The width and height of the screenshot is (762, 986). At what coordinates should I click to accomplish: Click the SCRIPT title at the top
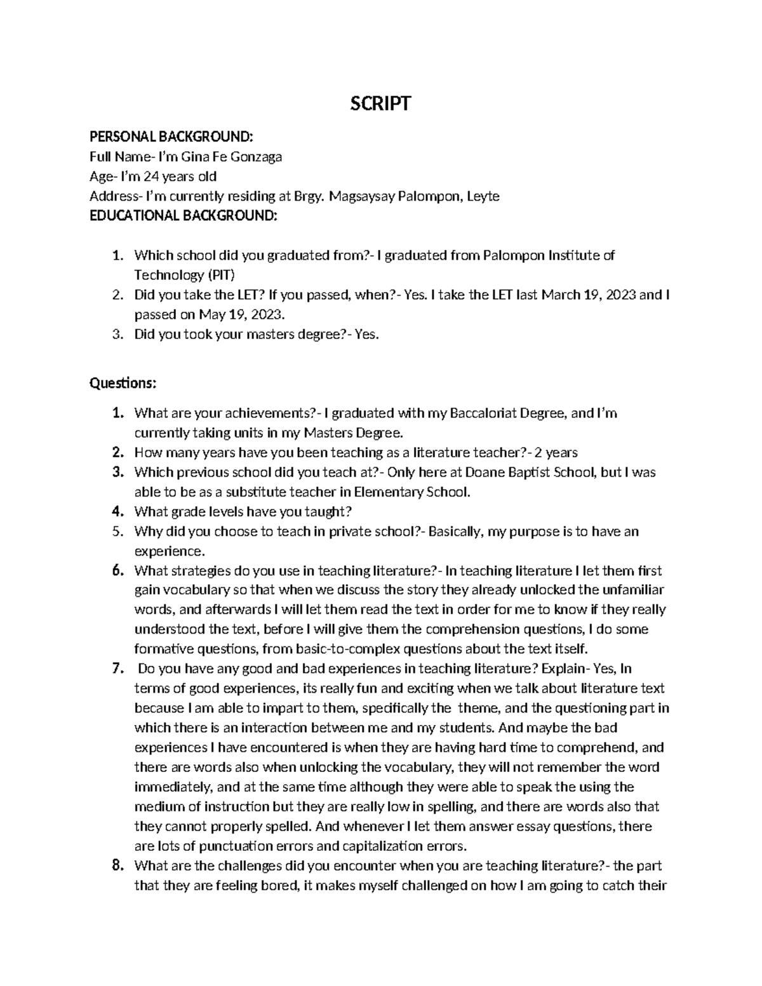click(381, 103)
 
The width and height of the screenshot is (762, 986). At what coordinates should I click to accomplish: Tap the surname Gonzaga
click(258, 157)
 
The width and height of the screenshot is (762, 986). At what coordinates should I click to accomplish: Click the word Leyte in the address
click(483, 196)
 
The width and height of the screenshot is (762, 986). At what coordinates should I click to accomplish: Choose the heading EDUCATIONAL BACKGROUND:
click(184, 216)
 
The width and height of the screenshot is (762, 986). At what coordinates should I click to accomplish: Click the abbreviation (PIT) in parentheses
click(220, 275)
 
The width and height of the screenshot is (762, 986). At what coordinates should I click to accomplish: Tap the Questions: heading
click(123, 383)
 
